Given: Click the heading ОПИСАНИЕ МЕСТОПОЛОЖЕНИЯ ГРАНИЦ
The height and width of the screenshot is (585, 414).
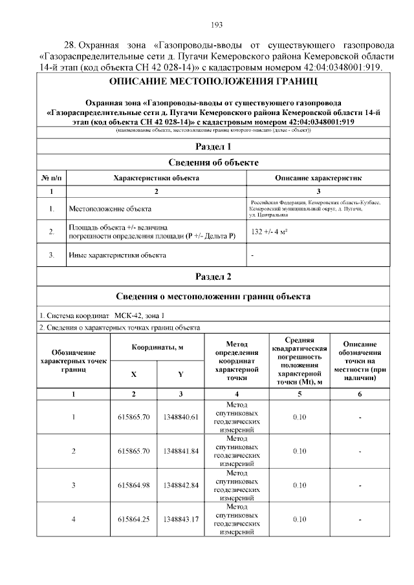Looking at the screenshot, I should pyautogui.click(x=213, y=82).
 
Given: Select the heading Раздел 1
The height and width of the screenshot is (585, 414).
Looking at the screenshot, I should pyautogui.click(x=213, y=146).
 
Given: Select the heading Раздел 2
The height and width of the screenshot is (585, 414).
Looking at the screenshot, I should pyautogui.click(x=213, y=277).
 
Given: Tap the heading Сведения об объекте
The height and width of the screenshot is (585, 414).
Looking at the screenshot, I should pyautogui.click(x=213, y=162).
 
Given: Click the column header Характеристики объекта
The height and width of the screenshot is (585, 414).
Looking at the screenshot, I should pyautogui.click(x=155, y=177).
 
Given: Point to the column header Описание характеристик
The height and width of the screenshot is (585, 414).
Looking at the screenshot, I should pyautogui.click(x=318, y=177).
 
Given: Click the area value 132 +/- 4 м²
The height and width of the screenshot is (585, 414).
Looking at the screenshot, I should pyautogui.click(x=269, y=231).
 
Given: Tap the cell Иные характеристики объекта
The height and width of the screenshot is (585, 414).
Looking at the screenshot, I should pyautogui.click(x=117, y=255).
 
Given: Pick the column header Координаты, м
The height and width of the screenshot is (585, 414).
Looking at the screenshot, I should pyautogui.click(x=157, y=347).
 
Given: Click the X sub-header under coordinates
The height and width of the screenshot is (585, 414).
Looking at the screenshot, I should pyautogui.click(x=133, y=374).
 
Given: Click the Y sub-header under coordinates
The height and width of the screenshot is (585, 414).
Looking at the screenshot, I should pyautogui.click(x=180, y=374).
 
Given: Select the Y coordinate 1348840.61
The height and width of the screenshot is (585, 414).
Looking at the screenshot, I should pyautogui.click(x=180, y=417).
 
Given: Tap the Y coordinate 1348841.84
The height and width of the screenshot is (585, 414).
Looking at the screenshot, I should pyautogui.click(x=180, y=451).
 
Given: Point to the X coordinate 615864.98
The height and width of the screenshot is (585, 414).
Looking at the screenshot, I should pyautogui.click(x=133, y=485).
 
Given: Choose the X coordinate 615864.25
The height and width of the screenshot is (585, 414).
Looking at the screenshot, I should pyautogui.click(x=133, y=519).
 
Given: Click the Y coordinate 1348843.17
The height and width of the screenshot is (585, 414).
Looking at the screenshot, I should pyautogui.click(x=180, y=519).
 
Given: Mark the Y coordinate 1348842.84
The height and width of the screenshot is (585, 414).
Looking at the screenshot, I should pyautogui.click(x=180, y=485).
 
